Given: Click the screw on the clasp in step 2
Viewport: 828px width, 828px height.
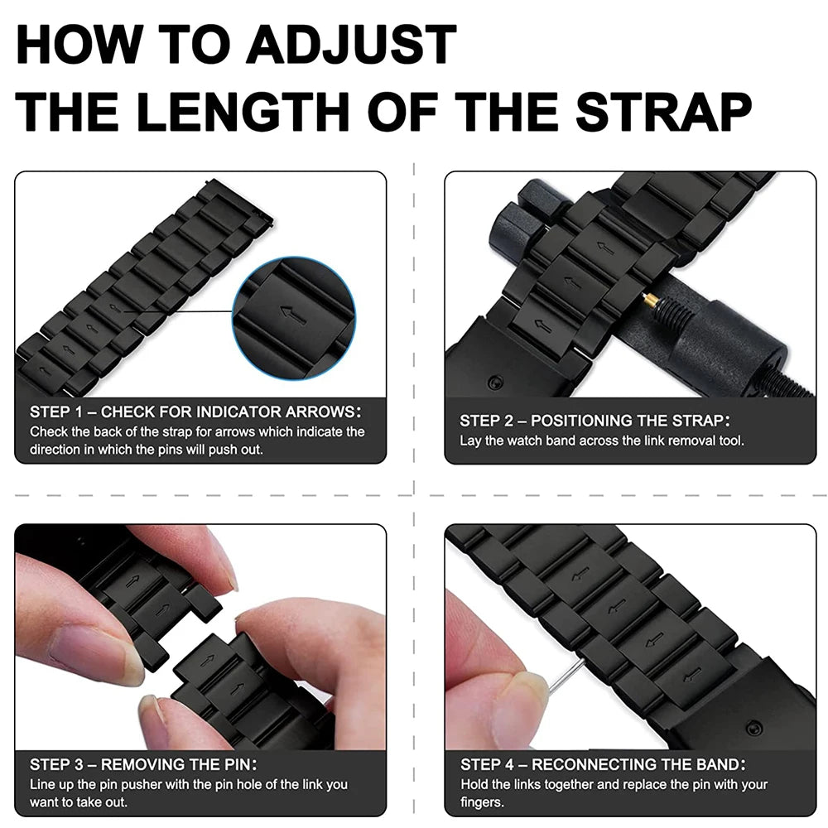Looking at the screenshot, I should (x=495, y=383).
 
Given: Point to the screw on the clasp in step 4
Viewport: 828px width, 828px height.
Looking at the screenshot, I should (x=753, y=728).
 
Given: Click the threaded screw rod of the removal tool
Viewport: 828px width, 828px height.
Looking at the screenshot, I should (x=787, y=383).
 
